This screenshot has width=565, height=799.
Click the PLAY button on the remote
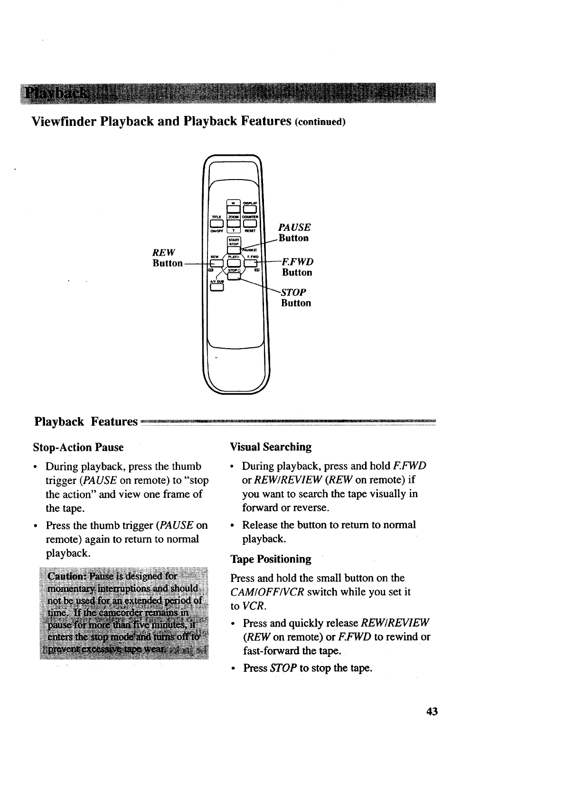[x=234, y=262]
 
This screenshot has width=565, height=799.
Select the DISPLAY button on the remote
[x=250, y=209]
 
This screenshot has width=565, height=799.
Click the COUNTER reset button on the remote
[x=250, y=223]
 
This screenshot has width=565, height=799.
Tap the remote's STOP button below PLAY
[x=234, y=276]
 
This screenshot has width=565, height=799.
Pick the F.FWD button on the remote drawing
[x=250, y=262]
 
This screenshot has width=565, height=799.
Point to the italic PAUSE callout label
[x=295, y=227]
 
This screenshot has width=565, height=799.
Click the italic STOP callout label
[x=294, y=292]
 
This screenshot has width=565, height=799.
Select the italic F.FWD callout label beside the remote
[x=298, y=262]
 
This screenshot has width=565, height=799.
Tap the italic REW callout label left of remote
[x=163, y=251]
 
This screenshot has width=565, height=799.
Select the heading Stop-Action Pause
[x=78, y=447]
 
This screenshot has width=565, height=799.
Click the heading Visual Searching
[x=271, y=447]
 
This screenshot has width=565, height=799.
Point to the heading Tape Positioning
[x=271, y=559]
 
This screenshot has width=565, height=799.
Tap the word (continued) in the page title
[x=321, y=122]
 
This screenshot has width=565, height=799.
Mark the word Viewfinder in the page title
[x=64, y=121]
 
